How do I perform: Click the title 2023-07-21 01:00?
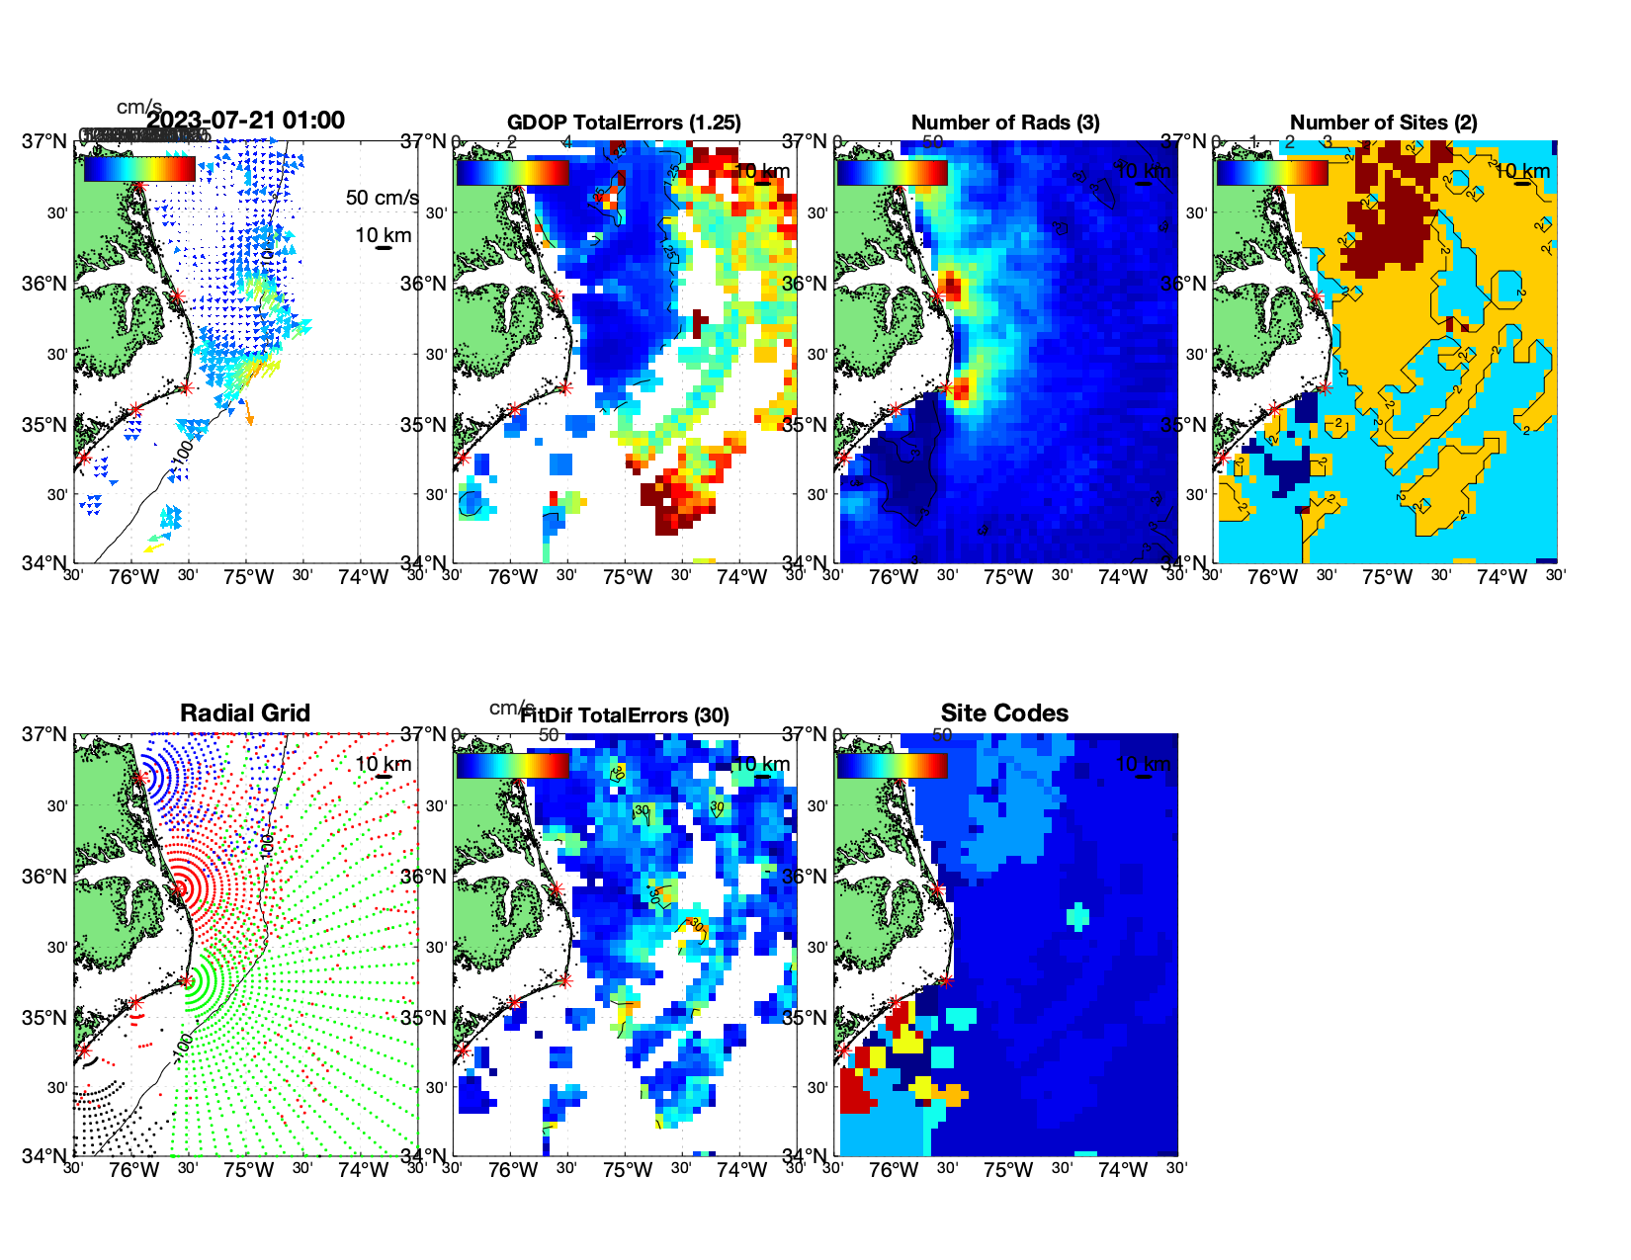pos(245,121)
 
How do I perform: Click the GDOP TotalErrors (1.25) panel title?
pos(624,123)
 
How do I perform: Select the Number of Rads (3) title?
pos(1005,123)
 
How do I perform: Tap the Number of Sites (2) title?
pos(1383,123)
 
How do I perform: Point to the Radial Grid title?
pos(245,714)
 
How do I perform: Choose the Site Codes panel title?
pos(1004,714)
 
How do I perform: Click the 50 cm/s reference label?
pos(382,198)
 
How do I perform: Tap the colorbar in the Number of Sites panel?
pos(1271,172)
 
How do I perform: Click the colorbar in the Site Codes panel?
pos(892,765)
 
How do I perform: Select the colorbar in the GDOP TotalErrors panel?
pos(512,172)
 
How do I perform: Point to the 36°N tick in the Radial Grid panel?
pos(44,877)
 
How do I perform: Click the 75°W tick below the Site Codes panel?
pos(1007,1171)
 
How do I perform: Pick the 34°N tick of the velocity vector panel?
pos(44,563)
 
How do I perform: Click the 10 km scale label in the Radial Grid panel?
pos(383,764)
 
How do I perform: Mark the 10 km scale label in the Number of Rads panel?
pos(1143,171)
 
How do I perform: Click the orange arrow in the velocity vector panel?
pos(248,413)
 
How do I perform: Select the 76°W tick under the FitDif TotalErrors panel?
pos(513,1171)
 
